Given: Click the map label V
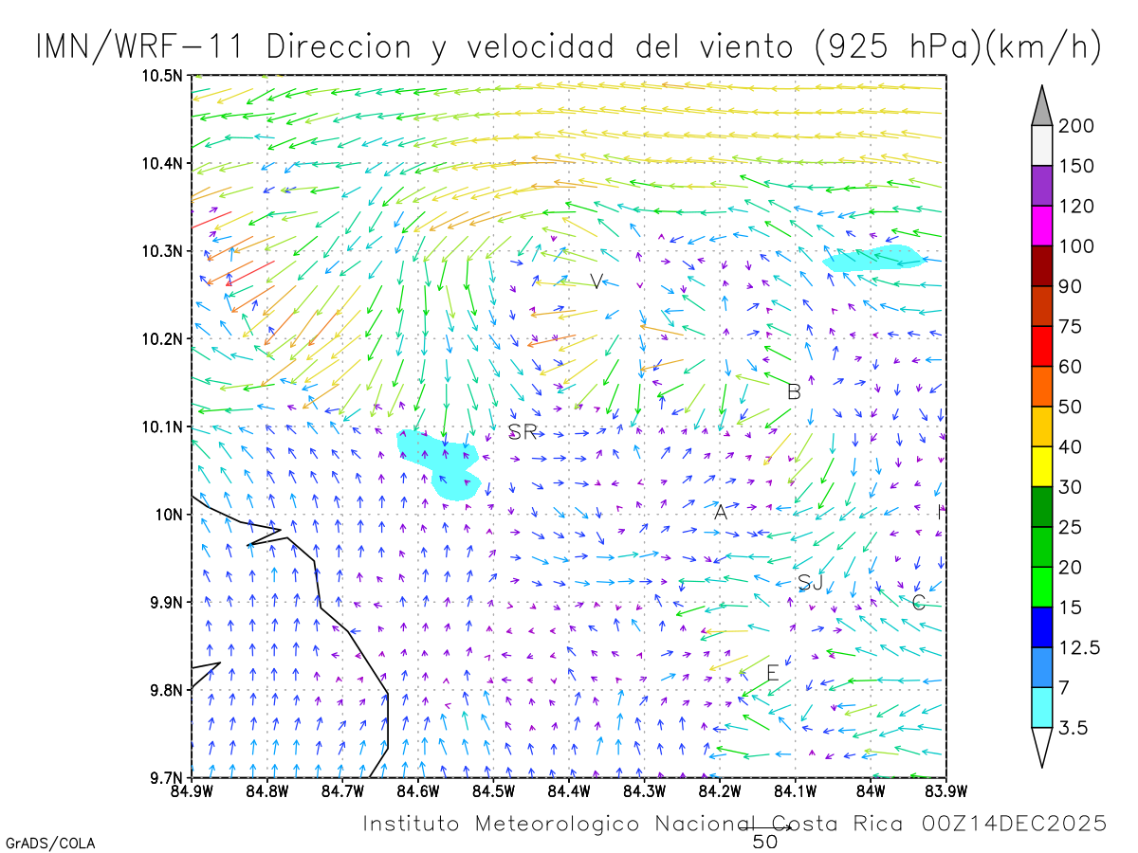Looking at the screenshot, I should (x=596, y=281).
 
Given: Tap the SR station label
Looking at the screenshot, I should (x=523, y=432).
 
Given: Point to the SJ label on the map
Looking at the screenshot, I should (x=810, y=582).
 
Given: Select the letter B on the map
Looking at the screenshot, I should (x=795, y=391).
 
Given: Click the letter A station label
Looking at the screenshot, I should (x=721, y=513).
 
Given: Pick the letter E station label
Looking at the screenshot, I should (x=772, y=673).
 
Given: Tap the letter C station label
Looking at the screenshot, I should (x=918, y=602).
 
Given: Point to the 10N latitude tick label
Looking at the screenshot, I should (x=172, y=515).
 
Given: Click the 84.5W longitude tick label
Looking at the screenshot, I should (x=492, y=791).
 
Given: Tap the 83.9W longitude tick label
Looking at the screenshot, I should (x=945, y=791).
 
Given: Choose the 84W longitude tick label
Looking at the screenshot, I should (x=871, y=791).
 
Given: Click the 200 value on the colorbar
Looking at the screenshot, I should (x=1075, y=126).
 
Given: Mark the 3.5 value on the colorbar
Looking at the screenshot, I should (x=1073, y=728).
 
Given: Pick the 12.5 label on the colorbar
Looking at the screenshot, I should (x=1078, y=648).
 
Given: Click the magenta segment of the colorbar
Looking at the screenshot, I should (x=1042, y=226).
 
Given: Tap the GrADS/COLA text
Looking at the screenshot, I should (x=50, y=843).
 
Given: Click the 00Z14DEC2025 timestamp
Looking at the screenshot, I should (x=1014, y=824).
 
